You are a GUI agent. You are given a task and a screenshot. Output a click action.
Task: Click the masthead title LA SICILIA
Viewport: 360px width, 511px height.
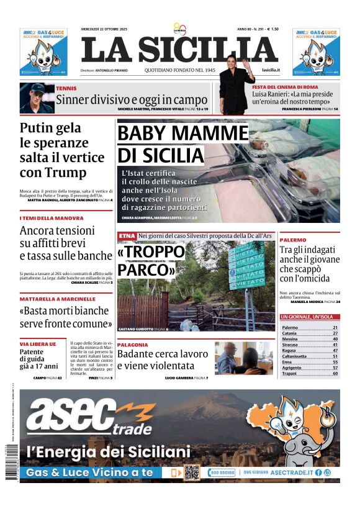(x=179, y=50)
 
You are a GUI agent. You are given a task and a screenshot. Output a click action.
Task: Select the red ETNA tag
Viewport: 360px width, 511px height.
(x=127, y=236)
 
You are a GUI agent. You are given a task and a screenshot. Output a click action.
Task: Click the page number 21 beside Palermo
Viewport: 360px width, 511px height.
(x=335, y=327)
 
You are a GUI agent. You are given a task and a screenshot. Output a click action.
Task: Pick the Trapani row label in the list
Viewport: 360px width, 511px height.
(x=290, y=373)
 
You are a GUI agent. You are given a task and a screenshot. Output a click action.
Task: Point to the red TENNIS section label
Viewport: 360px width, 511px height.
(x=66, y=89)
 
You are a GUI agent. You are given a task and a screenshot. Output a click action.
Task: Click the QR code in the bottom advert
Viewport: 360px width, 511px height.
(x=192, y=473)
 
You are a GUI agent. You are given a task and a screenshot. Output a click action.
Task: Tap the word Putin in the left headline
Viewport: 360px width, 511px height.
(x=42, y=129)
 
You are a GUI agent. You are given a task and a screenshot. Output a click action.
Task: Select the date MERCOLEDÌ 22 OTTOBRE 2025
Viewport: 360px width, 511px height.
(x=104, y=29)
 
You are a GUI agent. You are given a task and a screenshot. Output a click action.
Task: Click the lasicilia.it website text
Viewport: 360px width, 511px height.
(x=271, y=70)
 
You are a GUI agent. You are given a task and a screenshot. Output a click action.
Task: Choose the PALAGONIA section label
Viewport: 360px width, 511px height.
(x=132, y=345)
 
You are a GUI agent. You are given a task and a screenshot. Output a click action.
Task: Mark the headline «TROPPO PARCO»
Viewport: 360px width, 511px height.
(x=151, y=261)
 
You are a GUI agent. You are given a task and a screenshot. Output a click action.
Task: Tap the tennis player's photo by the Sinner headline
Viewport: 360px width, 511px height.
(x=36, y=98)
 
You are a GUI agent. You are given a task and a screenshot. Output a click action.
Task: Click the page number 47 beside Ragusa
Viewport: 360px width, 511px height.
(x=335, y=350)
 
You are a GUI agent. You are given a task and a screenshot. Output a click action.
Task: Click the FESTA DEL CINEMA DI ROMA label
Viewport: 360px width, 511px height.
(x=285, y=87)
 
